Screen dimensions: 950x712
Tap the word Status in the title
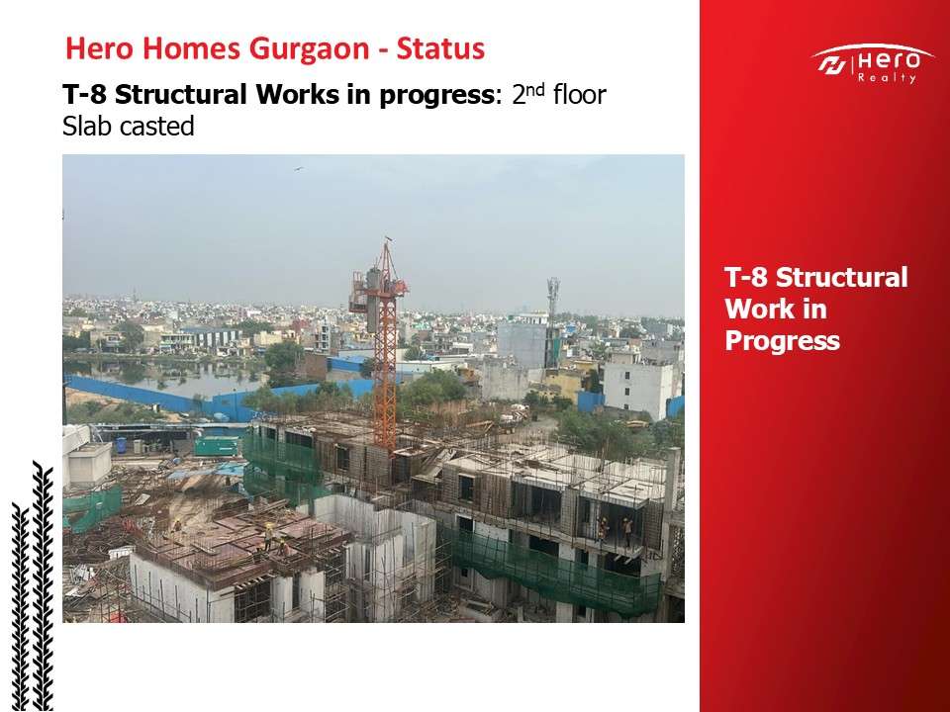(440, 48)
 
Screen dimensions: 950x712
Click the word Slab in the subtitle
(87, 126)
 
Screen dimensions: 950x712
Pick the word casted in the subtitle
(157, 126)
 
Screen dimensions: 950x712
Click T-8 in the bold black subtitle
(84, 95)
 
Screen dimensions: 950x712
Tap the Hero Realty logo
(872, 63)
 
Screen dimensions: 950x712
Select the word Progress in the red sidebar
(782, 341)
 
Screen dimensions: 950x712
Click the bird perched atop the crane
(388, 239)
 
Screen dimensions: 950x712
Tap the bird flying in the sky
(298, 169)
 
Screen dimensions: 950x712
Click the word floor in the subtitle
(579, 95)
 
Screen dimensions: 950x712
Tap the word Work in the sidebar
(776, 309)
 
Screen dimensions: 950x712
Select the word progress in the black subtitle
(434, 96)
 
